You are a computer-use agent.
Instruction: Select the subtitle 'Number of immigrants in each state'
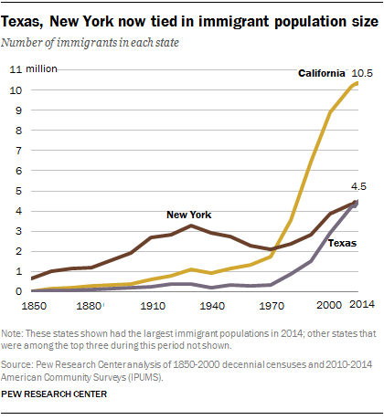[x=103, y=41]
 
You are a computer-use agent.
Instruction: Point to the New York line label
[x=188, y=215]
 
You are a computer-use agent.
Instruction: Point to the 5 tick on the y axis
[x=13, y=191]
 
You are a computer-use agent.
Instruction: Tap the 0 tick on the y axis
[x=13, y=291]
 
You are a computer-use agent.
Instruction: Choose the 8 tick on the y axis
[x=13, y=131]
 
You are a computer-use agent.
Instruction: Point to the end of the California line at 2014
[x=357, y=83]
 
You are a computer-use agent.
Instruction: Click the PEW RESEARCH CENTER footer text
[x=61, y=394]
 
